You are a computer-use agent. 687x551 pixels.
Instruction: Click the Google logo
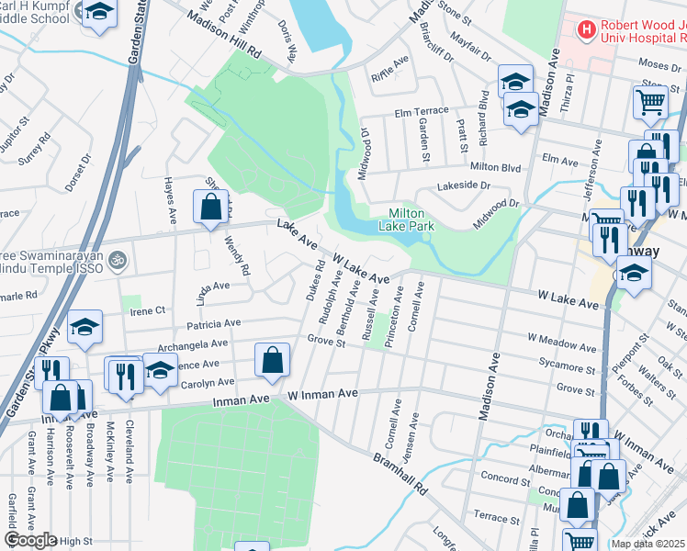[x=31, y=539]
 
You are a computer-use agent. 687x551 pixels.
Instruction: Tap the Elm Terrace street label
[x=422, y=111]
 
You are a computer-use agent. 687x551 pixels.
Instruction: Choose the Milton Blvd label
[x=495, y=167]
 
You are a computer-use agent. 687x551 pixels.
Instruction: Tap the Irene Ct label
[x=146, y=310]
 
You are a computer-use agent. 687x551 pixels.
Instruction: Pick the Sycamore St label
[x=562, y=364]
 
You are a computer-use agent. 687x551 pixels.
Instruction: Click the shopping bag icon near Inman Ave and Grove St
[x=273, y=361]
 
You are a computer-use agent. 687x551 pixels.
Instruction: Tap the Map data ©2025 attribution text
[x=648, y=544]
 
